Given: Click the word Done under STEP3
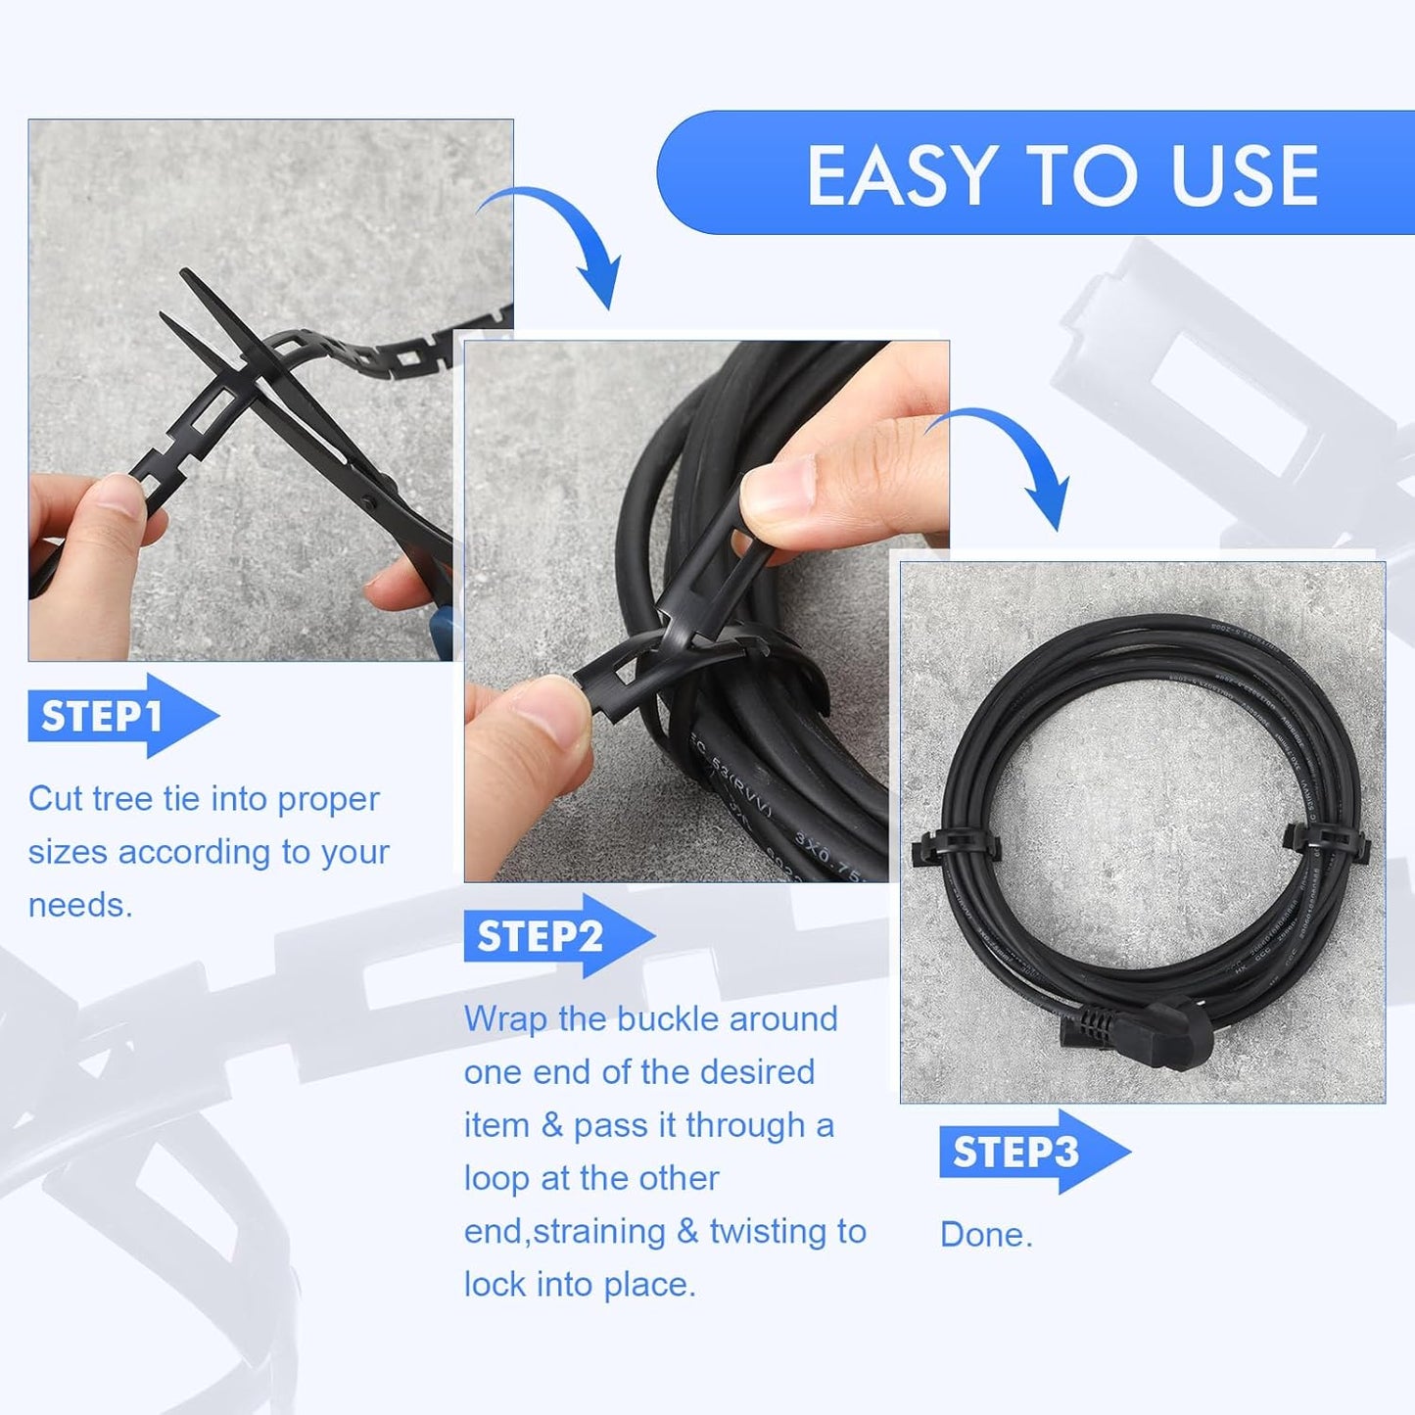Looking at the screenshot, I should point(985,1235).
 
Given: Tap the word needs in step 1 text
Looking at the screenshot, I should point(79,906).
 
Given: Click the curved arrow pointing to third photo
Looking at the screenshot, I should point(1009,455).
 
